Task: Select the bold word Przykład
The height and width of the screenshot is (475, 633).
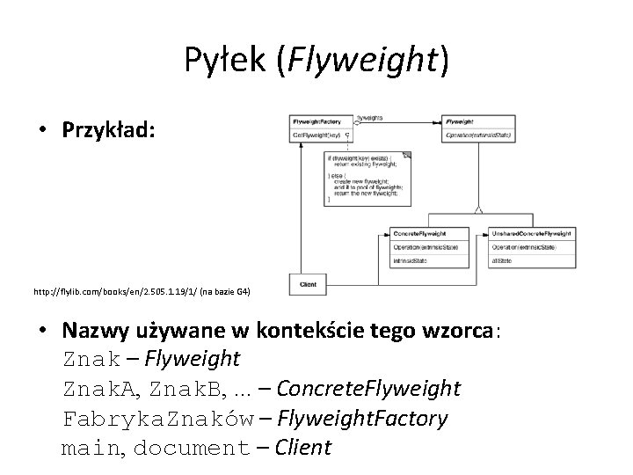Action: coord(108,130)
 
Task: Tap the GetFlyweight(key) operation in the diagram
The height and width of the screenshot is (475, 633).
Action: coord(317,136)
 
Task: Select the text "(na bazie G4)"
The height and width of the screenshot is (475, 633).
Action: coord(223,289)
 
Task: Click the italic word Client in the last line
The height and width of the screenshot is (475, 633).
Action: coord(302,447)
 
